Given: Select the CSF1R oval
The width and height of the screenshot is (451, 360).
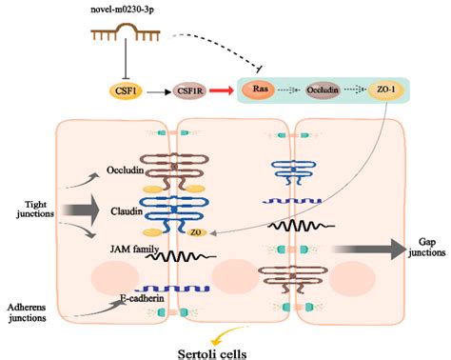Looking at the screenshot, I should pos(189,91).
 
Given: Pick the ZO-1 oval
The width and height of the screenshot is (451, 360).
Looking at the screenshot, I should pos(387,91).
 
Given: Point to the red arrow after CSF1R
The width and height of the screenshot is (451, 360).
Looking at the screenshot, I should pos(223,91).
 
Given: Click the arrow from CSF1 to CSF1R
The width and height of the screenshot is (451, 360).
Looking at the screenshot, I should pos(158,91).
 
